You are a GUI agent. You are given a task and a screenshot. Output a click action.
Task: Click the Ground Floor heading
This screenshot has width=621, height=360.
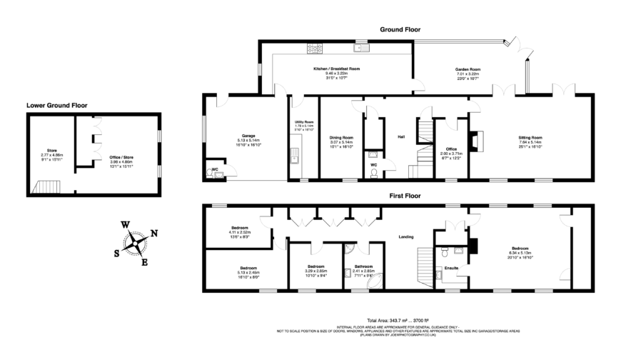(x=399, y=30)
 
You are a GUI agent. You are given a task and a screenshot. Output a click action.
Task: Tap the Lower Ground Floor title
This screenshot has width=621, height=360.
(x=57, y=105)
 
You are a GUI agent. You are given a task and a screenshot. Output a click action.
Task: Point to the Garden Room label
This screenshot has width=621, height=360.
(x=468, y=69)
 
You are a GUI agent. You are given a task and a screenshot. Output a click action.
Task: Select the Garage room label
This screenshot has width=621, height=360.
(x=248, y=136)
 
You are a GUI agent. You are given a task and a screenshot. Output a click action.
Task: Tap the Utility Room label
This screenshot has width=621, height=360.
(x=304, y=122)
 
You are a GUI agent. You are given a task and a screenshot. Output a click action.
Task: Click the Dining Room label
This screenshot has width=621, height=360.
(x=341, y=137)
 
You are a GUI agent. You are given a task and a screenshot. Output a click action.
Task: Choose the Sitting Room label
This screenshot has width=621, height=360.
(x=530, y=137)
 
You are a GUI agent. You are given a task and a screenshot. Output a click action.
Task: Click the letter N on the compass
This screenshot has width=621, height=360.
(x=154, y=233)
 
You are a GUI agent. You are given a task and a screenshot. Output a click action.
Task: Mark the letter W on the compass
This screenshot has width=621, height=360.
(x=125, y=224)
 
